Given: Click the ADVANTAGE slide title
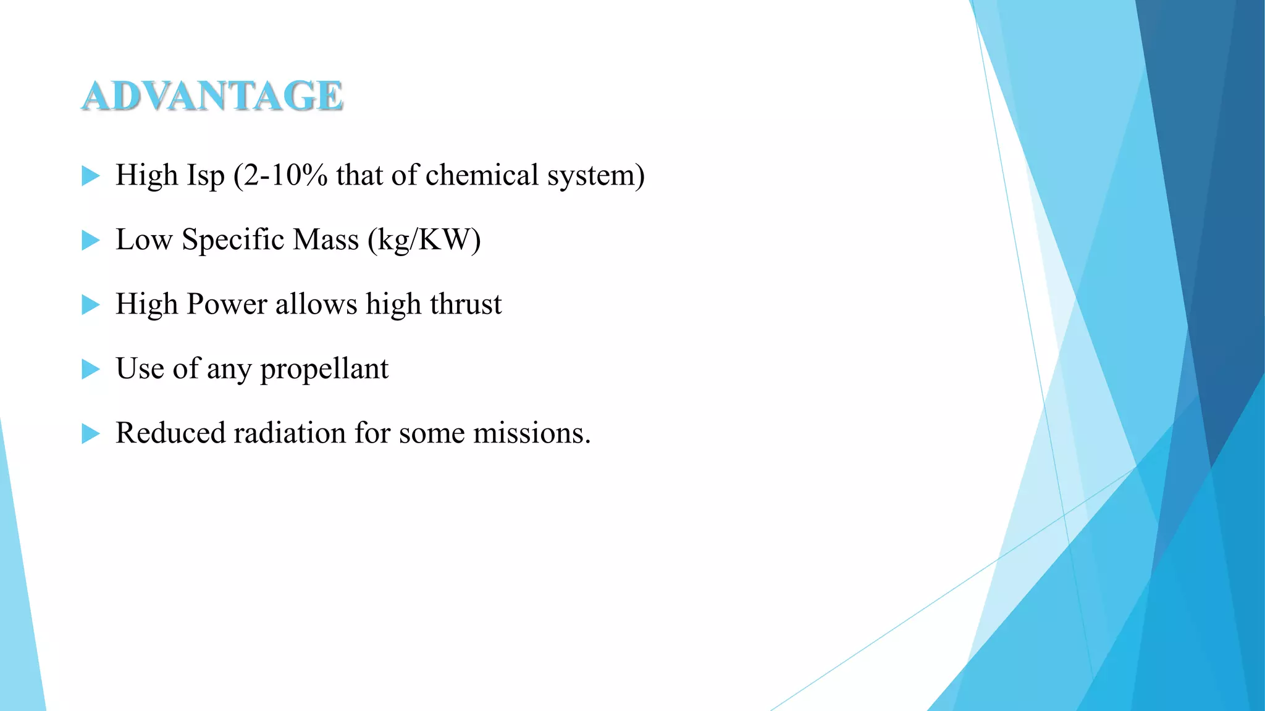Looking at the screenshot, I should (x=212, y=96).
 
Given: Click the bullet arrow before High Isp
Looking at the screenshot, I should (x=90, y=176).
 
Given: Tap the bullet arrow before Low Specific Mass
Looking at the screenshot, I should (x=90, y=240).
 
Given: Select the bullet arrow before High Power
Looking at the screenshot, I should (x=90, y=305).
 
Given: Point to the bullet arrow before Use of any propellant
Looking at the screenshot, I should (x=90, y=369).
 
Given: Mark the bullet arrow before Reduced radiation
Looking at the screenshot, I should (x=90, y=434).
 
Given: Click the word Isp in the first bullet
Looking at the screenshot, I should (x=206, y=176).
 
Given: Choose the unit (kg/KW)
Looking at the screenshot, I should (x=424, y=240).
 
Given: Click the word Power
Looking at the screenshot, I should (x=227, y=304).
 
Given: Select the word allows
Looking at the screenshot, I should (x=316, y=304).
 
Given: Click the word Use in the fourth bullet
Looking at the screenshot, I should (x=140, y=368).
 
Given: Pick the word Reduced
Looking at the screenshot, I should (x=169, y=433).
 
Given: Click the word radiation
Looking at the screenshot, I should (x=288, y=433).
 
